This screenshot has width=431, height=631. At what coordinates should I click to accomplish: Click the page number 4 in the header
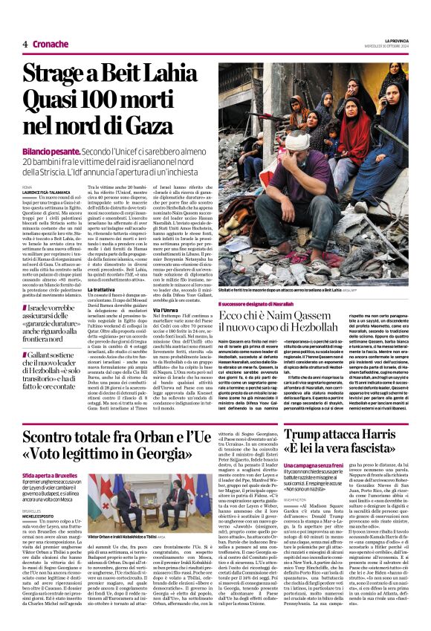(25, 44)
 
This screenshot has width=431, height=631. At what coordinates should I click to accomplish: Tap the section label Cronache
(49, 44)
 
